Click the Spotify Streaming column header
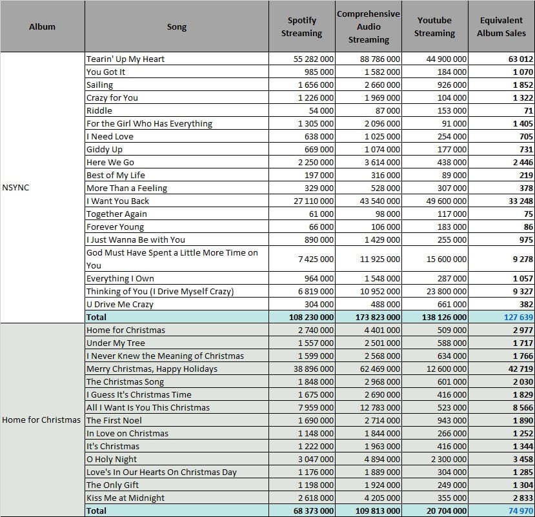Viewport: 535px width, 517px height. click(x=301, y=26)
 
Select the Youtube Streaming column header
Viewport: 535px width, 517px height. click(x=434, y=26)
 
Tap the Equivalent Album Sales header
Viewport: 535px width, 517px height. click(x=501, y=26)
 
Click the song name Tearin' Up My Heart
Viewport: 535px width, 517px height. click(x=125, y=59)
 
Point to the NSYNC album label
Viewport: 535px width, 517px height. click(x=15, y=187)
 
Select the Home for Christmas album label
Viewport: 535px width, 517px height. click(x=41, y=420)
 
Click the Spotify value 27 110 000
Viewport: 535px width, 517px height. click(x=314, y=201)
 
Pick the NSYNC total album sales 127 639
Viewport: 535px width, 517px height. click(x=518, y=317)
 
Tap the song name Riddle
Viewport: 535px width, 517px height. click(x=99, y=110)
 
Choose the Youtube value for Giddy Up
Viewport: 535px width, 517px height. click(x=452, y=150)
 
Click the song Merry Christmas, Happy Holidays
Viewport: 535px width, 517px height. click(x=152, y=369)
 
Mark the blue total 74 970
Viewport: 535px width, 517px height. click(x=521, y=511)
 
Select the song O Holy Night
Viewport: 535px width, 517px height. click(x=112, y=460)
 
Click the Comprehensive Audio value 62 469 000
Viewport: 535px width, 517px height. click(x=379, y=369)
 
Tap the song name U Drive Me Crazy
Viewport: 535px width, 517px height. click(x=120, y=305)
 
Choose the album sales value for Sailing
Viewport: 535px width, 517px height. click(x=523, y=85)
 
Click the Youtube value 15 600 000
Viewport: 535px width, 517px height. click(x=447, y=259)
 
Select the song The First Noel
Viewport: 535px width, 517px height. click(x=114, y=420)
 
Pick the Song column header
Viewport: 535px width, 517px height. click(x=177, y=26)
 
